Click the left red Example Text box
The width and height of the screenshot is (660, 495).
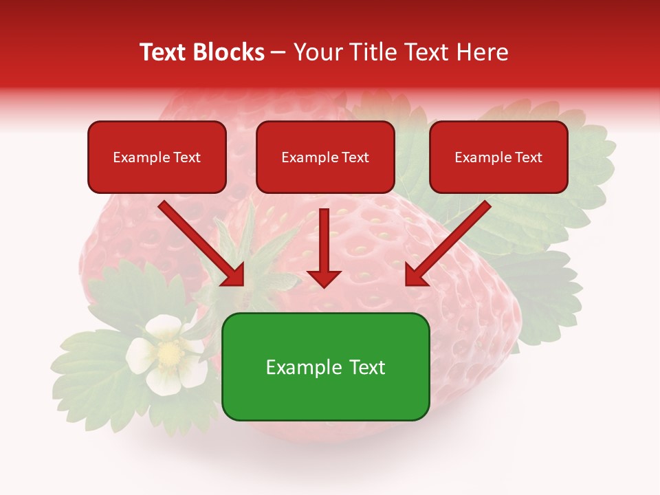click(x=157, y=157)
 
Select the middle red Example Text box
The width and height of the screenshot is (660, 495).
click(x=325, y=157)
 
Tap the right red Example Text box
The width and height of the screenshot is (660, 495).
click(x=498, y=157)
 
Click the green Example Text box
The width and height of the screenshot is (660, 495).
click(x=325, y=367)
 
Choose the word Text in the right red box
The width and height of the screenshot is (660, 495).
click(x=528, y=157)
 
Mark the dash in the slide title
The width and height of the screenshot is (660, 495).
click(x=278, y=52)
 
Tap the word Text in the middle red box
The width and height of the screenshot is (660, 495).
click(x=355, y=157)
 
